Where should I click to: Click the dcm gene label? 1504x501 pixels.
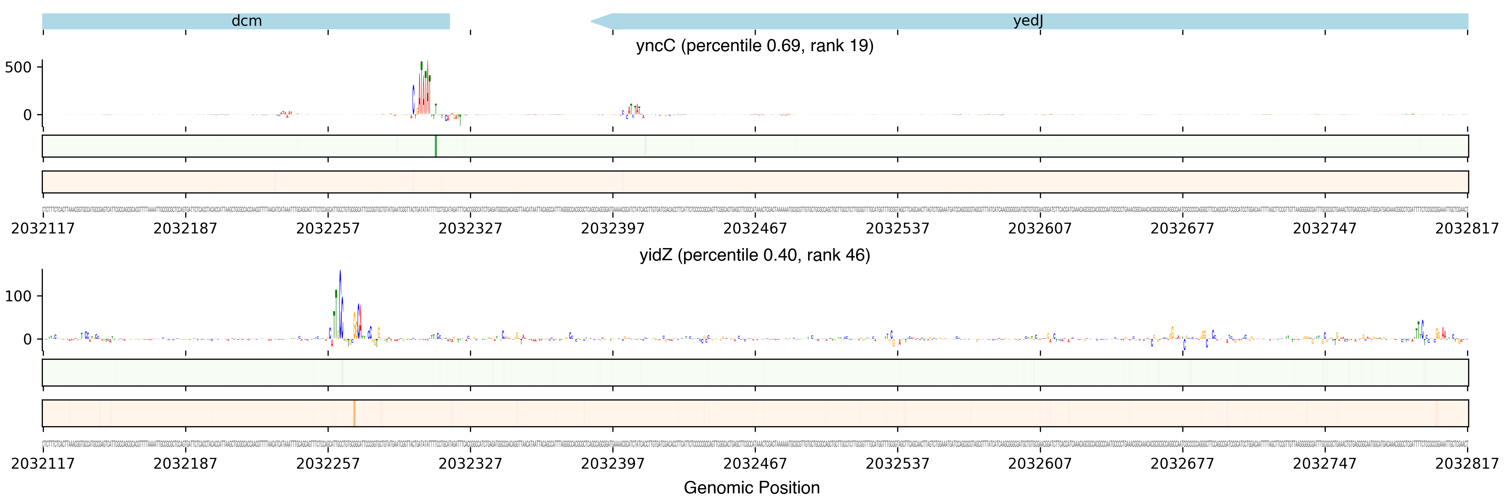point(246,21)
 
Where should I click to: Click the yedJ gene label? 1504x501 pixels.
point(1028,21)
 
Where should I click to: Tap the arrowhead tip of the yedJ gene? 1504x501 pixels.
point(592,22)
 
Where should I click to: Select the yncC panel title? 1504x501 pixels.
point(754,46)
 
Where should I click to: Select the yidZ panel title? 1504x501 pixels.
point(754,255)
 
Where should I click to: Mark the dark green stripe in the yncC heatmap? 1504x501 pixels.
point(436,146)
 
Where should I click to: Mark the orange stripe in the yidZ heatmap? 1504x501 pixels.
point(354,413)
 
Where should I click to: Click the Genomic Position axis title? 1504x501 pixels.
point(751,487)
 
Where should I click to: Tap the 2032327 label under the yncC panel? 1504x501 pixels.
point(470,228)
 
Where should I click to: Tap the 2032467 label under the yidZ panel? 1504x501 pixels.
point(755,464)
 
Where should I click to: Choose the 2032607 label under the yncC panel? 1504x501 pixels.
point(1040,228)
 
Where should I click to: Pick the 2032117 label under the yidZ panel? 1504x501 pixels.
point(42,464)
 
